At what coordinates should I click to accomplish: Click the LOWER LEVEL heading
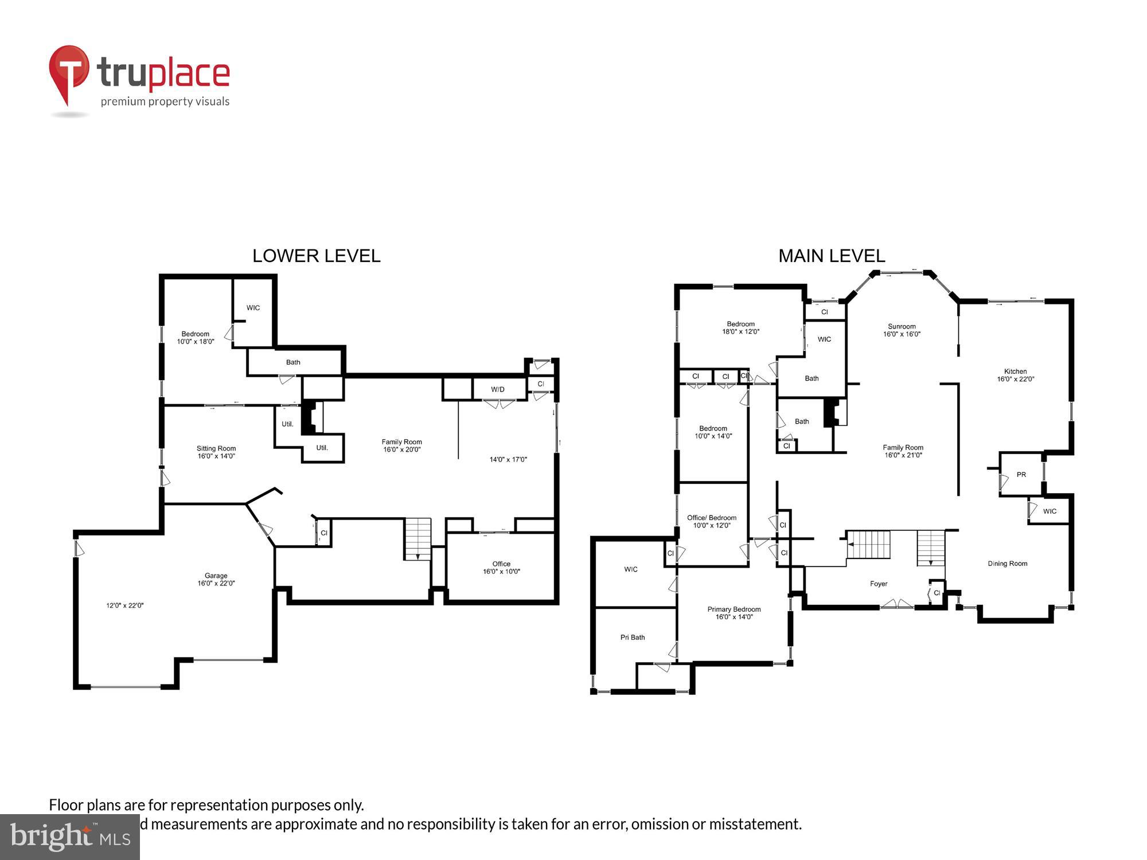(x=316, y=256)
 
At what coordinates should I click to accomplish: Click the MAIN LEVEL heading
(x=831, y=256)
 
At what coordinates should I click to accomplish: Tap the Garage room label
(x=216, y=576)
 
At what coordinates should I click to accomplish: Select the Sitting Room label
(x=216, y=449)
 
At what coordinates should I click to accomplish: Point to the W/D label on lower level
(x=497, y=390)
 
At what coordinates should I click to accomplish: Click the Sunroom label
(x=902, y=327)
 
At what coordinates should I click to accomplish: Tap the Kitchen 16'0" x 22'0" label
(x=1015, y=375)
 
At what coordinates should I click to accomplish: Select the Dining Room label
(x=1007, y=564)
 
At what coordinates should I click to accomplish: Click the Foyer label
(x=878, y=584)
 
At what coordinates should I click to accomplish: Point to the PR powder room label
(x=1021, y=475)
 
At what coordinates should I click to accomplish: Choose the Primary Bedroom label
(x=734, y=609)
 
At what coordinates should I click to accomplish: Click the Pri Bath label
(x=633, y=638)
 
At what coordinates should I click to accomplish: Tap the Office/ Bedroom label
(x=711, y=518)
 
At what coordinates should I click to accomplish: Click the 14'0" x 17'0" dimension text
(x=508, y=459)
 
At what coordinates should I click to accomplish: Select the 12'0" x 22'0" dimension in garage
(x=124, y=605)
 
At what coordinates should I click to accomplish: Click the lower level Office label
(x=501, y=564)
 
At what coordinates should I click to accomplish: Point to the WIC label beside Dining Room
(x=1050, y=511)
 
